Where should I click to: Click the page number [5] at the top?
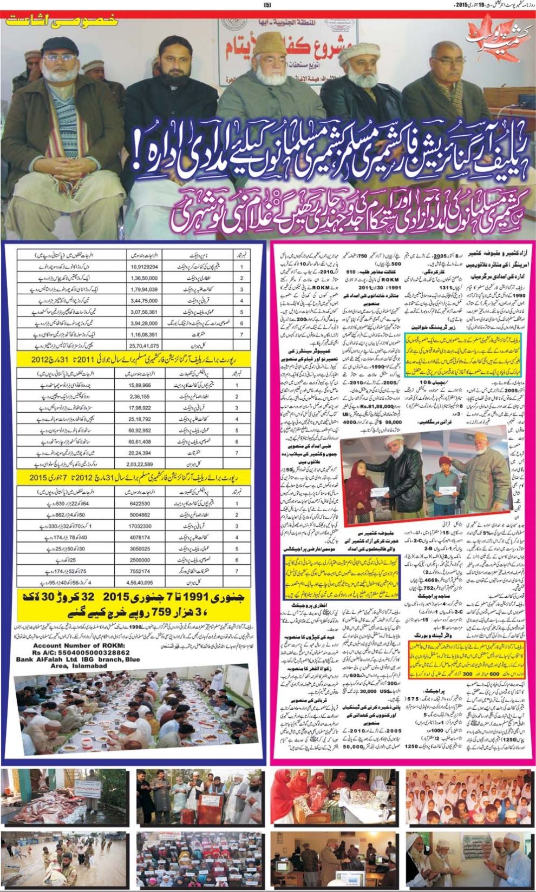click(267, 5)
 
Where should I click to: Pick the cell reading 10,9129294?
click(144, 267)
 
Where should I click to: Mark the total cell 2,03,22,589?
click(144, 464)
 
